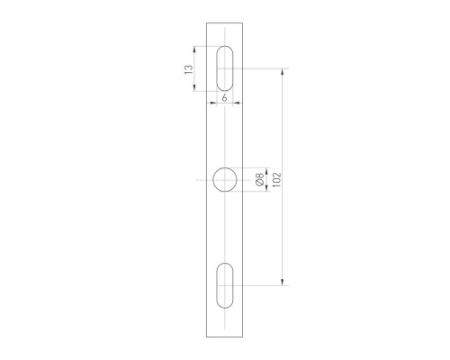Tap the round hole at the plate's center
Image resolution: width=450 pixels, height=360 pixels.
click(225, 180)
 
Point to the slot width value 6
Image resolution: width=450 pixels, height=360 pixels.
click(223, 95)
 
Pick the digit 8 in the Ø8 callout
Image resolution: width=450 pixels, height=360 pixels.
click(260, 176)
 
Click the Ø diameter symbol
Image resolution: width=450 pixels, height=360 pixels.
click(260, 184)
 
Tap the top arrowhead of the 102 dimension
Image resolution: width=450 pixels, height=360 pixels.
click(284, 69)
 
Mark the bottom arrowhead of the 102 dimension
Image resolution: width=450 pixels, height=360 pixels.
click(284, 283)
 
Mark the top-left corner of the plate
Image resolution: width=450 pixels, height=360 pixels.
click(206, 22)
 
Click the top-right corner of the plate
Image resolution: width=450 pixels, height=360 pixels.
click(245, 22)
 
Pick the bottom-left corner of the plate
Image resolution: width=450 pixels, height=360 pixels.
click(206, 337)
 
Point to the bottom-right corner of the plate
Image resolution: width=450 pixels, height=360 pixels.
click(245, 337)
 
